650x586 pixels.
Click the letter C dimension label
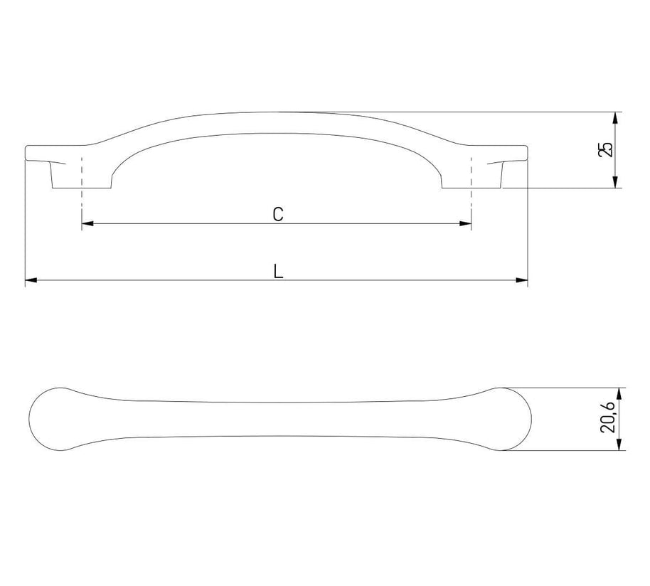point(278,214)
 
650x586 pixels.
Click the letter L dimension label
point(278,272)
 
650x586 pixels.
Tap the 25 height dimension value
point(605,149)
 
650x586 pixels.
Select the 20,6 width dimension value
point(608,419)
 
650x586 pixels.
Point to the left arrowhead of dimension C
point(87,224)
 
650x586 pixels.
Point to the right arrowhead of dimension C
point(466,224)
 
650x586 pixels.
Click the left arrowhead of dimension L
point(31,281)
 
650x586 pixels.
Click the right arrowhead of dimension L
point(522,281)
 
